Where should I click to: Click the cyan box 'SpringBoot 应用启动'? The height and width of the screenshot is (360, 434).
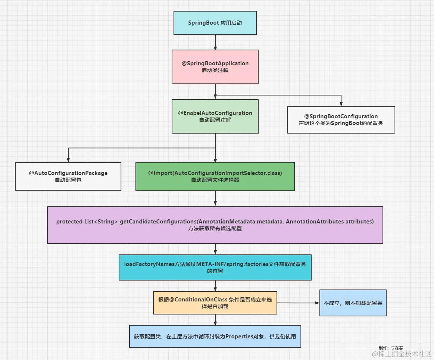215,23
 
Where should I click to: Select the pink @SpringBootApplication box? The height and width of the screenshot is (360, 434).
215,67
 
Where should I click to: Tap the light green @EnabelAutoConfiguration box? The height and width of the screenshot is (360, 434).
215,116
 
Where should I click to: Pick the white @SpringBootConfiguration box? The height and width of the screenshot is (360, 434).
341,120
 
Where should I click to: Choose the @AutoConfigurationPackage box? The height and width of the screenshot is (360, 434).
68,176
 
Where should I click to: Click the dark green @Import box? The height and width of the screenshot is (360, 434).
215,176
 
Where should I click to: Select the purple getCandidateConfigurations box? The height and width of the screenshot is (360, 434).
215,225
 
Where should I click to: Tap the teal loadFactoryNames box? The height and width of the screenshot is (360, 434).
215,267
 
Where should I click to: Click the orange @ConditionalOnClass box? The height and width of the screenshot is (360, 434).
215,303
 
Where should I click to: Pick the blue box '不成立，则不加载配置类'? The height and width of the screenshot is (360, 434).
353,303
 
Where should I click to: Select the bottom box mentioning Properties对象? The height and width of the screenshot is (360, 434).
215,336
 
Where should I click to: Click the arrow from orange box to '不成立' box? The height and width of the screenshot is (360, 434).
298,303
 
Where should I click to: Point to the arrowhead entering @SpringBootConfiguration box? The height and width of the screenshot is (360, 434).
341,104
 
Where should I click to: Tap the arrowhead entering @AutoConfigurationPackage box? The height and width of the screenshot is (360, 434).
68,160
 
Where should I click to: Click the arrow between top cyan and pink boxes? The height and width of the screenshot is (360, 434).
215,42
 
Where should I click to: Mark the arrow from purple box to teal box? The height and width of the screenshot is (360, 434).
215,249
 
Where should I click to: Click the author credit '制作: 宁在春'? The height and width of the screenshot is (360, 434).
391,348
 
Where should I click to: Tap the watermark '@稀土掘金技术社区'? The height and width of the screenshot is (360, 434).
402,354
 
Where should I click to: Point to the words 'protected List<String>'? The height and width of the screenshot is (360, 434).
87,221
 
